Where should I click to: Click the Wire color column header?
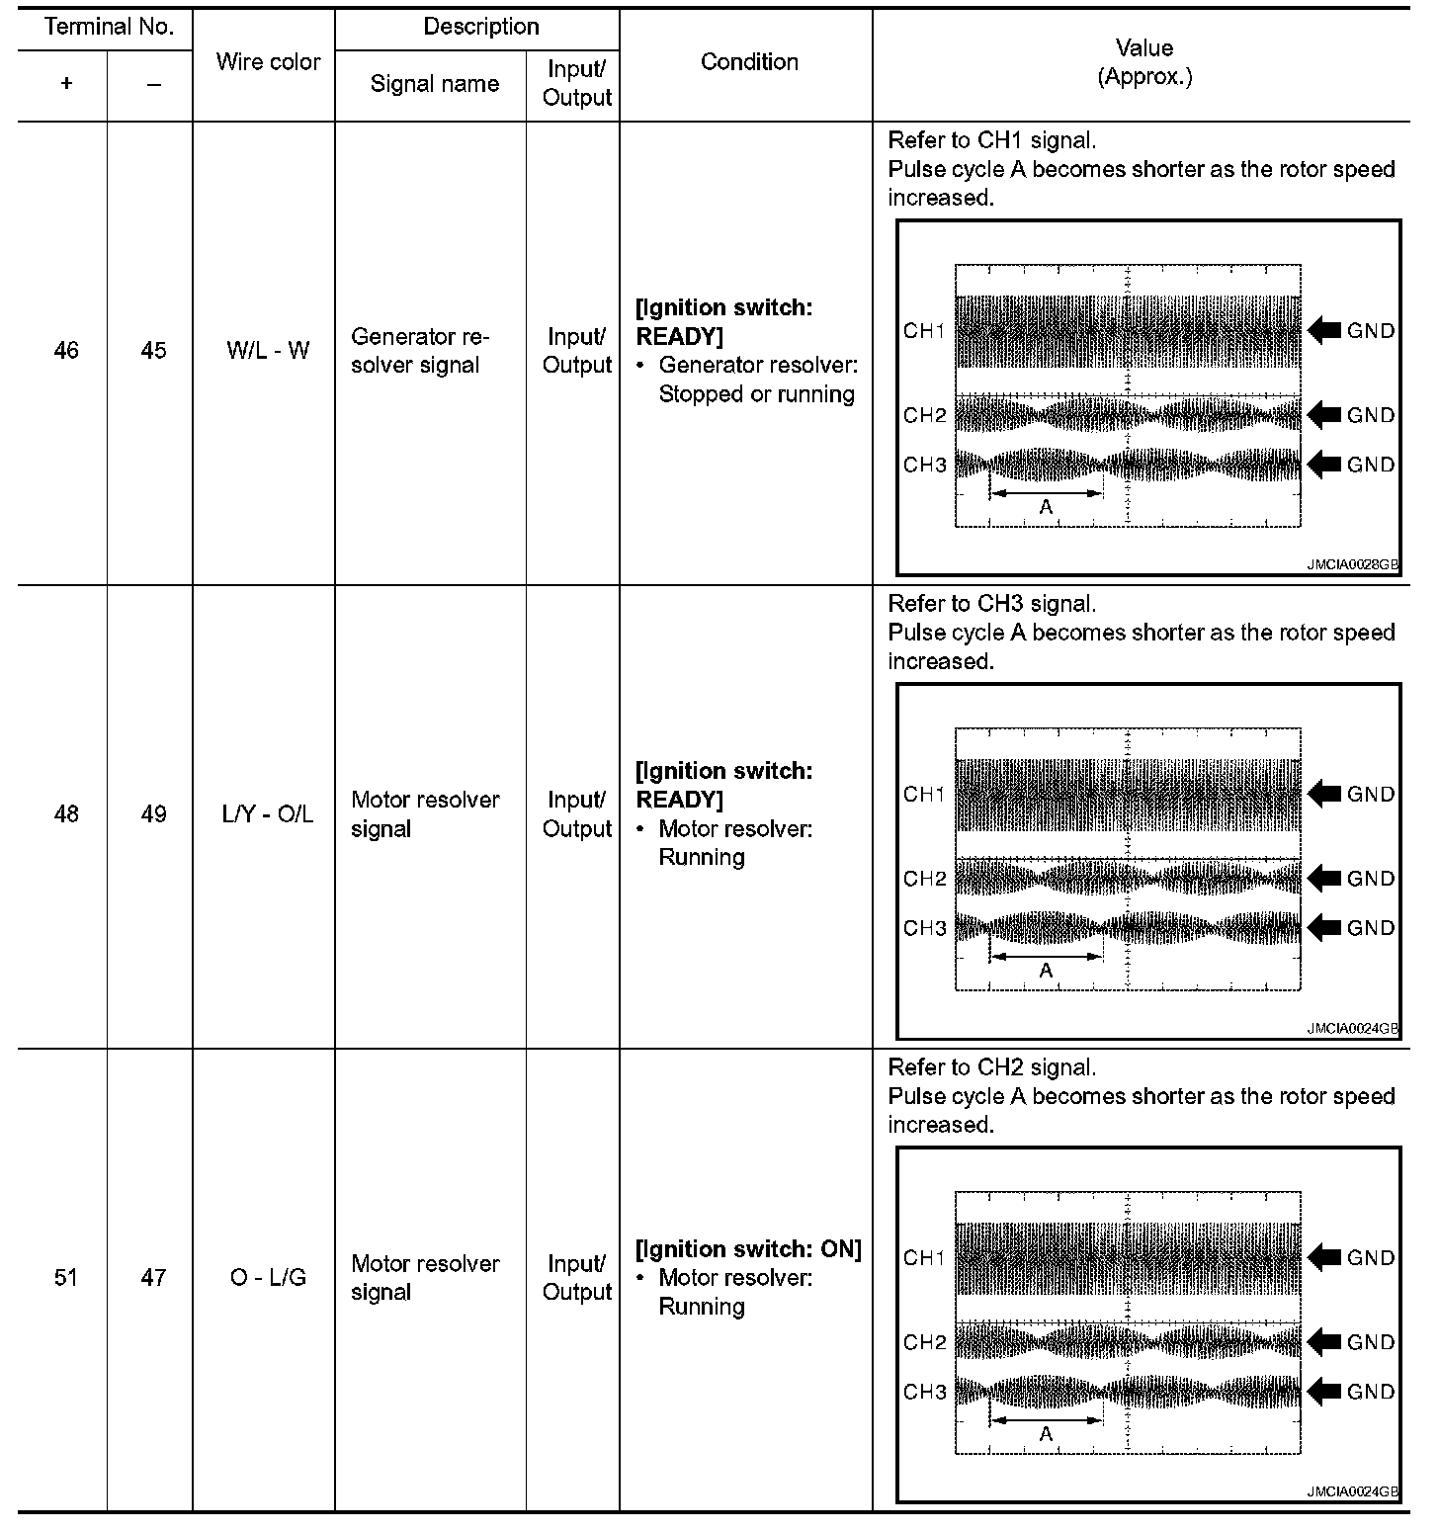[x=268, y=62]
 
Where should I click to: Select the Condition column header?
[x=748, y=62]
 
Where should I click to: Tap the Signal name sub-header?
[x=434, y=84]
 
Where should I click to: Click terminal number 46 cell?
[x=66, y=351]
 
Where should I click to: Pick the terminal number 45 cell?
[x=153, y=351]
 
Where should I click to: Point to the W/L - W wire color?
[x=268, y=351]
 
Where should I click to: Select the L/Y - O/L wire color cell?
[x=268, y=814]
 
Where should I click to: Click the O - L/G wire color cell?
[x=268, y=1278]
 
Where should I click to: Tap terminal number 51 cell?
[x=66, y=1278]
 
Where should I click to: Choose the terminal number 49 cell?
[x=153, y=814]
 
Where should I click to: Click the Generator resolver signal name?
[x=420, y=351]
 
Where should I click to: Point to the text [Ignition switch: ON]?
[x=748, y=1249]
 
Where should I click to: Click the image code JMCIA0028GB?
[x=1352, y=566]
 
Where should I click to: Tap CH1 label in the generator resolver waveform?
[x=924, y=331]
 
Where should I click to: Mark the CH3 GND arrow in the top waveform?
[x=1324, y=465]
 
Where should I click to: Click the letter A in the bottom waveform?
[x=1046, y=1434]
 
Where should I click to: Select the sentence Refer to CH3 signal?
[x=991, y=604]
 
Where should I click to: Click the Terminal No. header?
[x=109, y=28]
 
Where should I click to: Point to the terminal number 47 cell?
[x=153, y=1278]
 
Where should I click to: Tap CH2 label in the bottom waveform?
[x=924, y=1342]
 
